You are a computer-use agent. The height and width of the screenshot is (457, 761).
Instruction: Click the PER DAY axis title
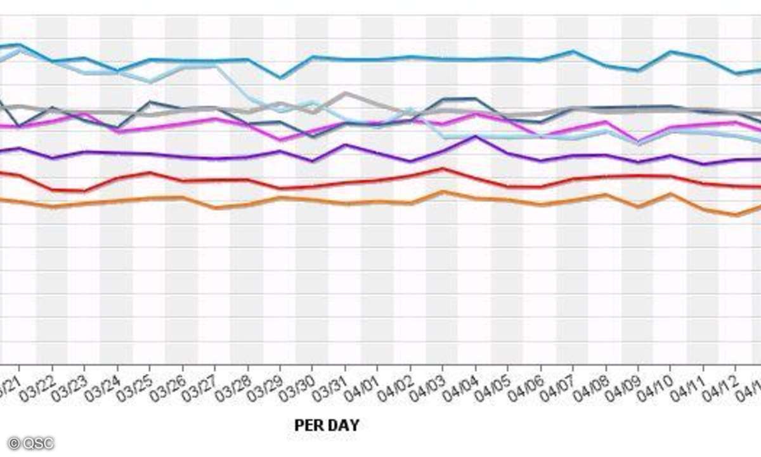(327, 425)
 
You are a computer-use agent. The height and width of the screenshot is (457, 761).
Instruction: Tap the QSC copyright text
(31, 443)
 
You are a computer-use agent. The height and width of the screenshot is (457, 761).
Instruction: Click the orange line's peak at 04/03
(443, 192)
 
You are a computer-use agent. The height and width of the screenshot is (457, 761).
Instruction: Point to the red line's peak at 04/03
(443, 169)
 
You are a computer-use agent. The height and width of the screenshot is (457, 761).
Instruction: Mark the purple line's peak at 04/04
(475, 136)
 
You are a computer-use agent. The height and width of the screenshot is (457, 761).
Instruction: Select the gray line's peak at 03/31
(345, 93)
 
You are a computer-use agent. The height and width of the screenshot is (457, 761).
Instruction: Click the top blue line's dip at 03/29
(280, 77)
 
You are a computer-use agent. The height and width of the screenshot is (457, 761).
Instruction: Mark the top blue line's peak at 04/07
(573, 51)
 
